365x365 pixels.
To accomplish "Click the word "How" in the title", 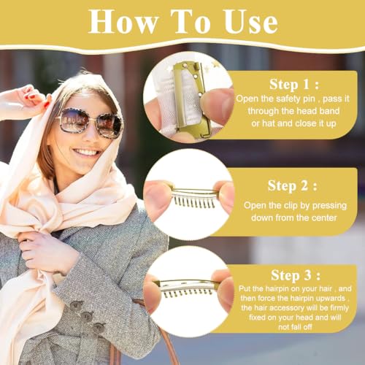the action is point(123,21).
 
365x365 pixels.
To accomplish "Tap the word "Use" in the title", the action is point(251,22).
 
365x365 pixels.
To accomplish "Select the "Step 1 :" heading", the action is point(294,84).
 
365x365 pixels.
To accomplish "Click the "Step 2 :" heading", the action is point(293,185).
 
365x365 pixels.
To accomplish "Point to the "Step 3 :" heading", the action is point(296,275).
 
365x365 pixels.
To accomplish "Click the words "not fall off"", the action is point(295,327).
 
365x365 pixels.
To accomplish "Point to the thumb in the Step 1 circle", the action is point(216,104).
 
